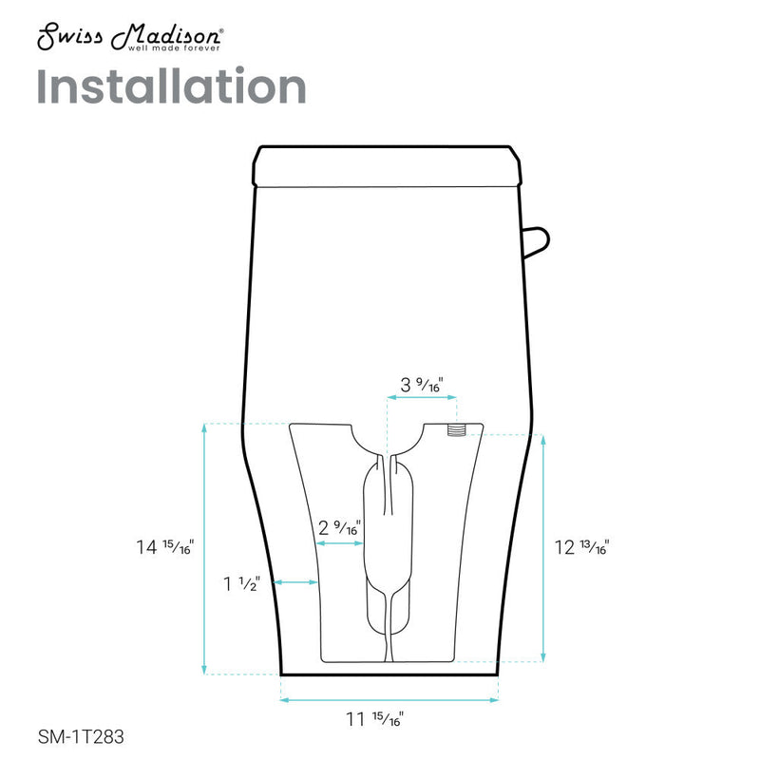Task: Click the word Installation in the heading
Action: pos(171,87)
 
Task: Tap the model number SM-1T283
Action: pos(81,735)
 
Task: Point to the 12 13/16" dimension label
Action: pos(580,547)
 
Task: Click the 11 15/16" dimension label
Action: pos(389,719)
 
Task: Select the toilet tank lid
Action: pos(389,165)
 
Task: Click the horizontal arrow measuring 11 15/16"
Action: pos(389,701)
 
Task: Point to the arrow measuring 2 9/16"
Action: pos(339,544)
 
